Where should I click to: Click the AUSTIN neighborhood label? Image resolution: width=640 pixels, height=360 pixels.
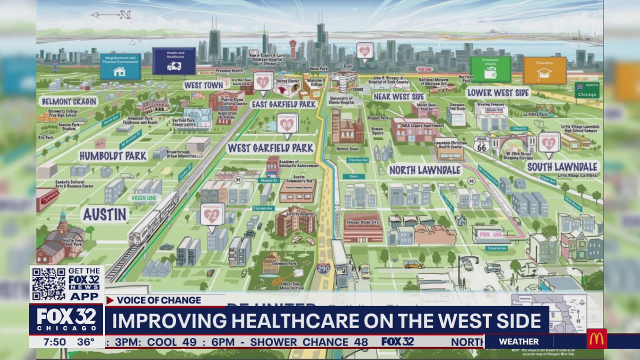point(104,214)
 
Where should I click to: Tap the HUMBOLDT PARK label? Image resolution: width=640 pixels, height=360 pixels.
point(112,155)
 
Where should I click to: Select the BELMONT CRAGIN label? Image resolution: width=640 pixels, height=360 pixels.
point(69,101)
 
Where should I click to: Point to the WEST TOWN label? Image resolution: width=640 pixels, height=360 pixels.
point(203,85)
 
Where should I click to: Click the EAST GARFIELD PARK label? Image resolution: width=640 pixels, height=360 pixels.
point(284,104)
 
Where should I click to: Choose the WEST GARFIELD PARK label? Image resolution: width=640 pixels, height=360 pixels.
point(270,148)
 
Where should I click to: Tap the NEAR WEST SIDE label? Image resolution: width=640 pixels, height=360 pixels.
point(399,96)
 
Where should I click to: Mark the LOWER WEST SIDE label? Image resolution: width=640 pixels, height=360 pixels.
point(497,93)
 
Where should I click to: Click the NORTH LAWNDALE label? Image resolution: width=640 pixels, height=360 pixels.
point(424,170)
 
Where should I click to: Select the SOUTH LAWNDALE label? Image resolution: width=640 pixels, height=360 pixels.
point(562,167)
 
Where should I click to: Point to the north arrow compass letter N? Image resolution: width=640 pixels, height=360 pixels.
point(125,15)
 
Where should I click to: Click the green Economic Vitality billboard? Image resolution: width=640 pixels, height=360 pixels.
point(490,69)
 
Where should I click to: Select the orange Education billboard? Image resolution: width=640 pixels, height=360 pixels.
point(544,70)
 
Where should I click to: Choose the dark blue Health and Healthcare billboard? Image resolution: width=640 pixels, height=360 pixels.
point(174,61)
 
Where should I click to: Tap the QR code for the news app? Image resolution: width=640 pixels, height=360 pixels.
point(48,284)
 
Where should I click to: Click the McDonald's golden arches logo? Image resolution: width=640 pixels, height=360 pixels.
point(596,339)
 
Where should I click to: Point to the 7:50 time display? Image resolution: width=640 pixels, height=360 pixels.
point(54,342)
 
